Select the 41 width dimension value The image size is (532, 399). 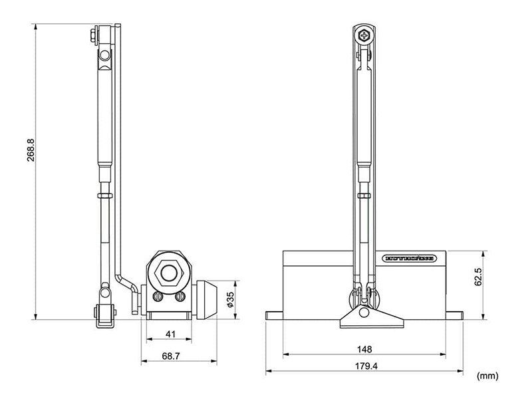click(172, 334)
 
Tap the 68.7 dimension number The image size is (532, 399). click(171, 356)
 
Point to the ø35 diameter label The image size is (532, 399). click(229, 299)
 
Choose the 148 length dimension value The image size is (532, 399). click(364, 348)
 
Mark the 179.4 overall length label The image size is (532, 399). click(364, 365)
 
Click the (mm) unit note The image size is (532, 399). click(487, 376)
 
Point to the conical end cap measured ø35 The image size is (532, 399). click(208, 299)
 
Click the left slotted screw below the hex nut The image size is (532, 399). click(158, 297)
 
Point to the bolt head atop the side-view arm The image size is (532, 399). click(90, 33)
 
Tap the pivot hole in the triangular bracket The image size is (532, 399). click(364, 312)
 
